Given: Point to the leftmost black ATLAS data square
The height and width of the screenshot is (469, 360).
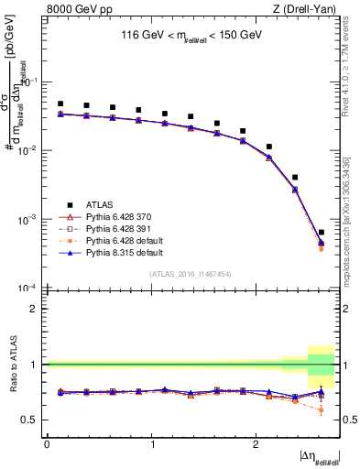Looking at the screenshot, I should pos(60,104).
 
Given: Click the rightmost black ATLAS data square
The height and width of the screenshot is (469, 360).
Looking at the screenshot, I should pos(322,233).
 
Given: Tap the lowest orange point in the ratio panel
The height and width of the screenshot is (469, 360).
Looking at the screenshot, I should pos(322,409).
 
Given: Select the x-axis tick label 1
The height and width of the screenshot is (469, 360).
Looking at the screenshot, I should pos(151,443).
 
